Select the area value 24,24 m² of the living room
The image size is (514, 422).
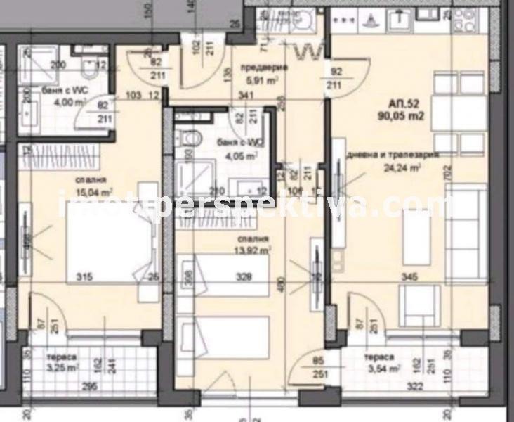(x=402, y=168)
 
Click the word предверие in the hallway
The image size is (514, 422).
(x=264, y=68)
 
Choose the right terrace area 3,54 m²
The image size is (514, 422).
(x=383, y=366)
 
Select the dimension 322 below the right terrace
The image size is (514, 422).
(x=416, y=386)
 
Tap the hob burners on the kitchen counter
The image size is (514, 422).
(x=468, y=24)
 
